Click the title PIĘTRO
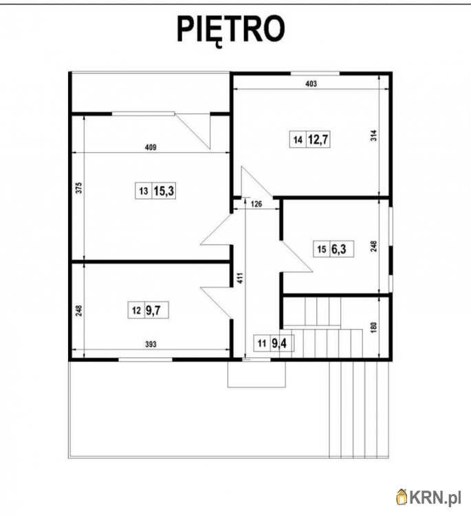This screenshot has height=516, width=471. point(230,30)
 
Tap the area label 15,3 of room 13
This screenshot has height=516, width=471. point(164,191)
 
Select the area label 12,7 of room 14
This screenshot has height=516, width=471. point(318,140)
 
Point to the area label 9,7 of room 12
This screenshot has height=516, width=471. point(153,310)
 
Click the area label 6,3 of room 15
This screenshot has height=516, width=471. point(338,249)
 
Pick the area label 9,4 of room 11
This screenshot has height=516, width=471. point(279,343)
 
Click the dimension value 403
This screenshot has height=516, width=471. point(311,83)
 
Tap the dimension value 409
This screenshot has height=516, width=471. point(151,147)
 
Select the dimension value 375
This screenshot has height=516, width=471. point(79,188)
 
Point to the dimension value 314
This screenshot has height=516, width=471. point(373,136)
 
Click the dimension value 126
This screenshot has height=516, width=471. point(256,204)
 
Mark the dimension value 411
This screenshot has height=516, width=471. point(240,278)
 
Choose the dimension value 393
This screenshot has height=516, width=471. point(151,344)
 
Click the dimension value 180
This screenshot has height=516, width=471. point(373,327)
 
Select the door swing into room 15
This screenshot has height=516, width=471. point(296,257)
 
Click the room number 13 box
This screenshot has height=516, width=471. point(144,191)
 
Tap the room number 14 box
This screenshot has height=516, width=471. point(298,140)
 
